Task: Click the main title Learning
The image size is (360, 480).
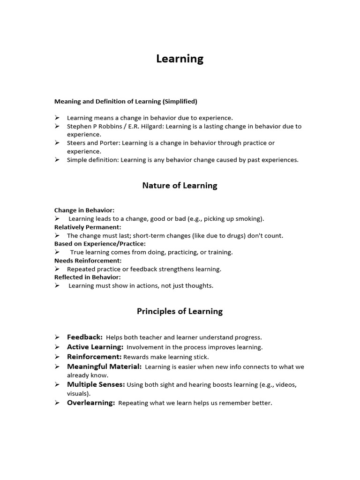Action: coord(180,59)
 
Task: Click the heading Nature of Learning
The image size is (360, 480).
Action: coord(180,186)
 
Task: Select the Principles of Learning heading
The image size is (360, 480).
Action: coord(180,311)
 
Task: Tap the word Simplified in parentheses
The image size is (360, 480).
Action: coord(180,101)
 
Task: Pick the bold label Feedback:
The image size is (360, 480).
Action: coord(85,337)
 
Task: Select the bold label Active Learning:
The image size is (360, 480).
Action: coord(95,347)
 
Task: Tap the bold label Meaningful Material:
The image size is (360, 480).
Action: coord(104,367)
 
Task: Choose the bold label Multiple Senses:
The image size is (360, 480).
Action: coord(96,384)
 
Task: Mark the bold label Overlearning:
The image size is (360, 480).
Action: coord(91,403)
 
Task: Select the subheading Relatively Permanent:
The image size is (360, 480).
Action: coord(88,227)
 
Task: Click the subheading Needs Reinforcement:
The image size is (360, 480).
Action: coord(88,261)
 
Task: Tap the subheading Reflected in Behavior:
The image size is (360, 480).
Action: coord(87,277)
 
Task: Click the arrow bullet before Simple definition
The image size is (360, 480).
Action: coord(57,160)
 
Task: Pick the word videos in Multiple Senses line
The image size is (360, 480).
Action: coord(285,385)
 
